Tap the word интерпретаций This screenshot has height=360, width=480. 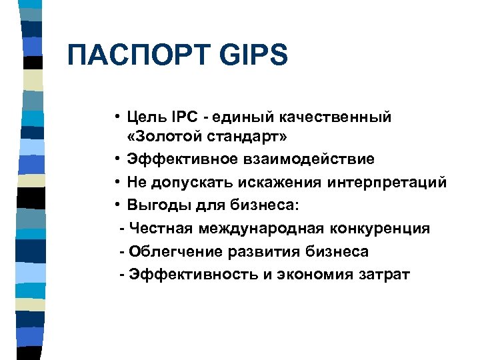tap(393, 182)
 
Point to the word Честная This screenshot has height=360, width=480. tap(161, 229)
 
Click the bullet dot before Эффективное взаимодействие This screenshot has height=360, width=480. tap(116, 160)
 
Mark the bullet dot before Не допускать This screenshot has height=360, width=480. tap(116, 183)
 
